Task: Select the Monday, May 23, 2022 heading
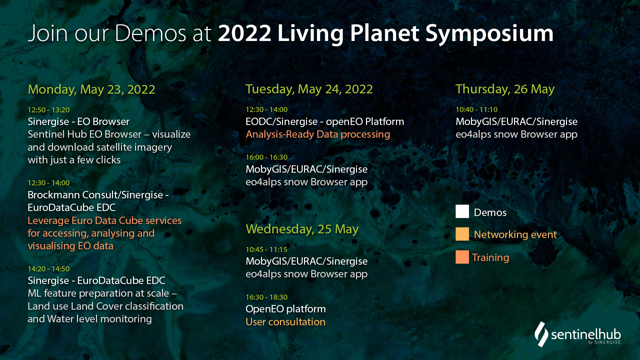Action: pyautogui.click(x=91, y=90)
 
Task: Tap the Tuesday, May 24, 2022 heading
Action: pyautogui.click(x=309, y=89)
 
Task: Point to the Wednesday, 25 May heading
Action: pyautogui.click(x=302, y=229)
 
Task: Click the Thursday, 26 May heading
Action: pyautogui.click(x=505, y=89)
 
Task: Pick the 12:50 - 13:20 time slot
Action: pyautogui.click(x=49, y=110)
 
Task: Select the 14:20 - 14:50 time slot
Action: pyautogui.click(x=49, y=269)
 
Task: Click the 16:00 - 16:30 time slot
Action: pyautogui.click(x=266, y=157)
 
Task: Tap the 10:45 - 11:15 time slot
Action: pyautogui.click(x=266, y=250)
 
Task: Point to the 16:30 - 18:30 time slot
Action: pyautogui.click(x=266, y=297)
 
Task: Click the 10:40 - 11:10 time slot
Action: pyautogui.click(x=476, y=110)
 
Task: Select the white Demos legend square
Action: pyautogui.click(x=462, y=211)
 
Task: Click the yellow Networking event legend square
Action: pyautogui.click(x=462, y=234)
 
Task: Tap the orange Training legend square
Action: pyautogui.click(x=462, y=257)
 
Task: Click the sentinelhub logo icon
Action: pyautogui.click(x=541, y=334)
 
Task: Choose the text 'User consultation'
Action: pyautogui.click(x=285, y=322)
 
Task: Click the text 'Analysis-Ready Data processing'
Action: pyautogui.click(x=318, y=134)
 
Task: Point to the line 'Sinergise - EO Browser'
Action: pyautogui.click(x=78, y=122)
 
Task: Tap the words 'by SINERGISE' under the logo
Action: pyautogui.click(x=604, y=342)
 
